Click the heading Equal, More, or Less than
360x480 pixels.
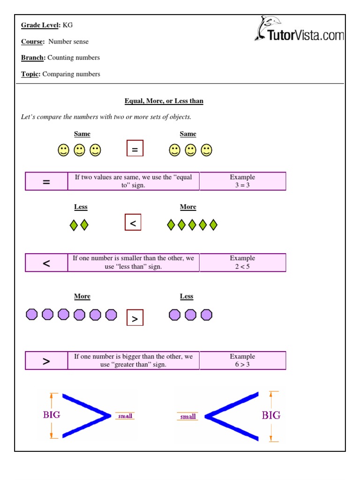(164, 101)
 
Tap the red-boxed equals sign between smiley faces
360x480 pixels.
(135, 149)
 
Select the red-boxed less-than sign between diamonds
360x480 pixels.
(133, 223)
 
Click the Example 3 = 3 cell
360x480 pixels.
(242, 181)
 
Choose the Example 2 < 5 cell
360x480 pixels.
(242, 262)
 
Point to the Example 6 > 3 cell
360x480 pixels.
(242, 360)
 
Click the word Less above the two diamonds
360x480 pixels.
(81, 207)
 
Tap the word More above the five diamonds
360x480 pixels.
(188, 207)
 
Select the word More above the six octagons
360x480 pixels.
(82, 297)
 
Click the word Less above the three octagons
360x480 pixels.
(187, 297)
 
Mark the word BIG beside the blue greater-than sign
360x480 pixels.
(52, 415)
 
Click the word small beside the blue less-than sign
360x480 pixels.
(188, 416)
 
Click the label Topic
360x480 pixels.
(31, 74)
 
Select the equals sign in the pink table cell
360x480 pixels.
(46, 181)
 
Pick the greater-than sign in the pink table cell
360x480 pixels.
(46, 361)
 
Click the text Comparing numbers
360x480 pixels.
(71, 74)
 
